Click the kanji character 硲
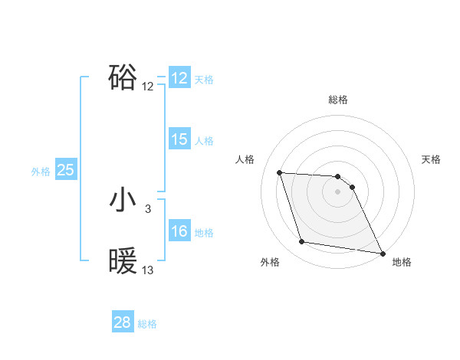tap(123, 77)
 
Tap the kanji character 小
tap(123, 200)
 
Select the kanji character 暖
tap(123, 261)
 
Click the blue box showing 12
tap(179, 78)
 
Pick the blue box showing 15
tap(179, 139)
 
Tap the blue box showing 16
tap(179, 231)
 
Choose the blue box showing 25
tap(65, 170)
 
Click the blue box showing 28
tap(123, 322)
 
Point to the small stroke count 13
tap(148, 270)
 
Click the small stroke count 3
tap(148, 209)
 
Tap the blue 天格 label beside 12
tap(203, 80)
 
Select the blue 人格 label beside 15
tap(203, 141)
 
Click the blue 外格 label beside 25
tap(41, 172)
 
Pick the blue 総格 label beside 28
tap(147, 324)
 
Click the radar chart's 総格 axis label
tap(337, 100)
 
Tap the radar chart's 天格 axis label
tap(431, 159)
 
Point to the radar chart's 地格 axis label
tap(402, 262)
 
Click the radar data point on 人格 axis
tap(279, 172)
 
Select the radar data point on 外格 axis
tap(302, 242)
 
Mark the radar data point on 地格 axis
tap(381, 253)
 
